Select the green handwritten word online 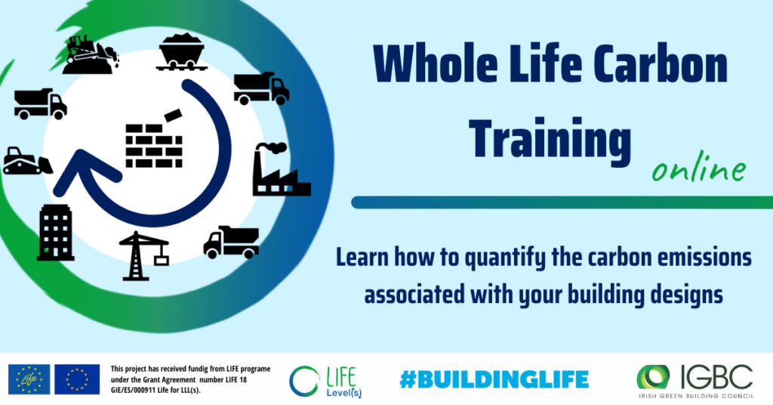point(698,169)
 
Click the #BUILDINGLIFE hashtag point(494,380)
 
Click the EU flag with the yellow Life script point(29,379)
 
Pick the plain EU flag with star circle point(77,379)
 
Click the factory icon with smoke point(282,169)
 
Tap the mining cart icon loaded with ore point(181,51)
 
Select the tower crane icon point(144,255)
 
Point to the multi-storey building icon point(56,232)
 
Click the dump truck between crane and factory point(231,243)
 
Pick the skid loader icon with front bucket point(28,161)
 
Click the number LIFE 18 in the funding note point(236,380)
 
